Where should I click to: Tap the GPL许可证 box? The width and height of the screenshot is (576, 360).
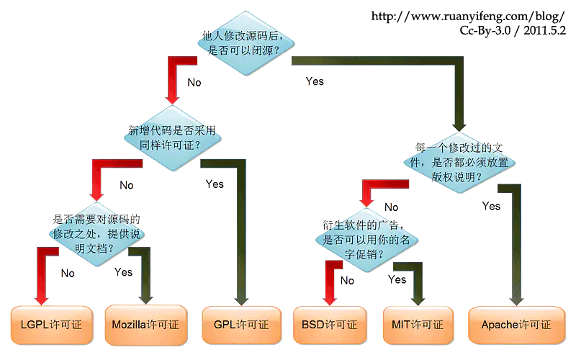[240, 325]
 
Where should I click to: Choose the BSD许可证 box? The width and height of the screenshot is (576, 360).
[329, 325]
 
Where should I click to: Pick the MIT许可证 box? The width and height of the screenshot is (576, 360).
[418, 325]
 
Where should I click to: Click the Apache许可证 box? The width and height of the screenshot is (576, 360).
[516, 325]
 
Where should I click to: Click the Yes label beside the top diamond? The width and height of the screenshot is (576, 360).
[315, 81]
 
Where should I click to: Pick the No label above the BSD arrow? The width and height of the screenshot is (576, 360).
[347, 281]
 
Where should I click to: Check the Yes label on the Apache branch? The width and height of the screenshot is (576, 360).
[491, 207]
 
